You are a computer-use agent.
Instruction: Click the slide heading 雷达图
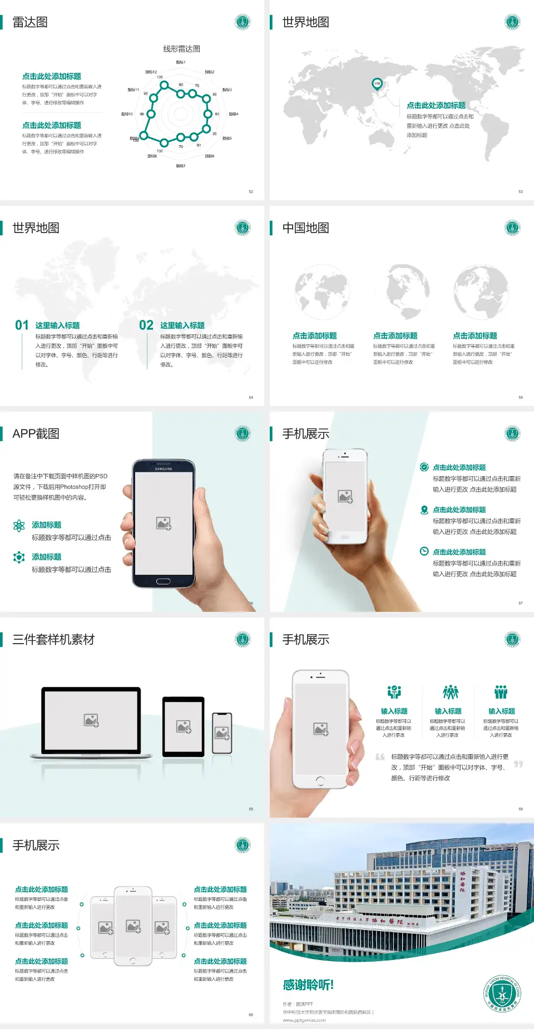click(x=30, y=22)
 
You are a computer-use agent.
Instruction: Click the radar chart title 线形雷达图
click(x=181, y=49)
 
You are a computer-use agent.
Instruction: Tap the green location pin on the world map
click(x=377, y=84)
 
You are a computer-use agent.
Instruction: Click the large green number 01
click(x=22, y=325)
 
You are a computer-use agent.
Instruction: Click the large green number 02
click(x=146, y=325)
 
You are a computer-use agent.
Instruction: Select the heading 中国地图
click(x=305, y=228)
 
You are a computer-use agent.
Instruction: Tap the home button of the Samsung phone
click(x=163, y=581)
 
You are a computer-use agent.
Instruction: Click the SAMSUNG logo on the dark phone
click(x=164, y=469)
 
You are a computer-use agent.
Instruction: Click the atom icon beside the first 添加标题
click(x=19, y=526)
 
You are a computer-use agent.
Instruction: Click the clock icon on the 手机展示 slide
click(x=424, y=551)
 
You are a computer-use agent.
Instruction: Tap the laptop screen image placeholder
click(x=91, y=720)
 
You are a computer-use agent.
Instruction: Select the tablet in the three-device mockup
click(x=184, y=726)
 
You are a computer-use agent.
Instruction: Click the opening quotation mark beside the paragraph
click(x=380, y=756)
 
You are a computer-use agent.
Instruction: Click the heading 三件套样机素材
click(x=53, y=640)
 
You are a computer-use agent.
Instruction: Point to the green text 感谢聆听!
click(x=308, y=985)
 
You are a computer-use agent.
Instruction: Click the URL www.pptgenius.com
click(x=304, y=1020)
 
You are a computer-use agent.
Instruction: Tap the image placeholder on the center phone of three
click(x=133, y=926)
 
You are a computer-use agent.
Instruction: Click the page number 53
click(x=521, y=191)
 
